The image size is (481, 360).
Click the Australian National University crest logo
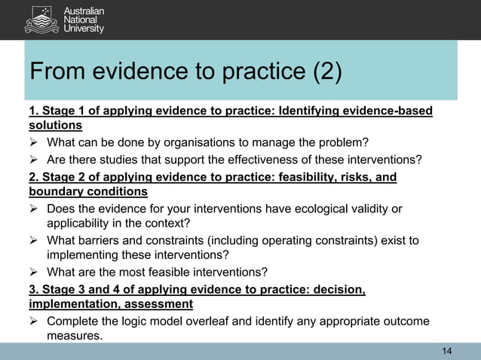(x=41, y=19)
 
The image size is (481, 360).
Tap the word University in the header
(x=84, y=29)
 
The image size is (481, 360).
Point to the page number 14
(x=447, y=352)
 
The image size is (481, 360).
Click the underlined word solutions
(x=55, y=126)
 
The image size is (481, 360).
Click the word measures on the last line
(x=74, y=336)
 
